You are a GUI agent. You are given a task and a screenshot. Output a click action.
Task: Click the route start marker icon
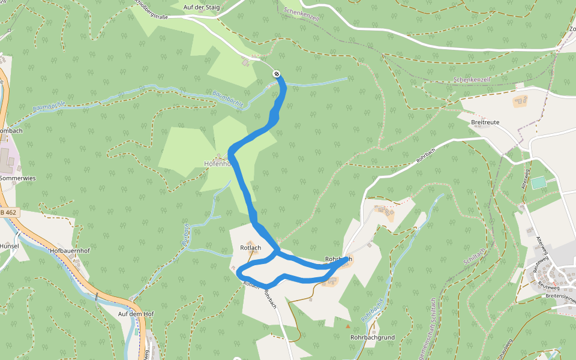coord(277,74)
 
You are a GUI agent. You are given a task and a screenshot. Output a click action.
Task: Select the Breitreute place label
coord(485,122)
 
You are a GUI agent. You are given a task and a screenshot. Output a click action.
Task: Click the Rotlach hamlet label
coord(250,247)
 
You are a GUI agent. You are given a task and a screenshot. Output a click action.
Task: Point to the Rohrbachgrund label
coord(372,337)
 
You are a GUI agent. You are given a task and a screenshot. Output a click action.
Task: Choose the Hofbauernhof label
coord(70,251)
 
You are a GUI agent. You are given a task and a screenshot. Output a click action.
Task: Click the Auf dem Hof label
coord(136,314)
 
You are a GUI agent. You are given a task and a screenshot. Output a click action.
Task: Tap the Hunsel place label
coord(10,246)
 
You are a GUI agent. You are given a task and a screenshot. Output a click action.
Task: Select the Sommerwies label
coord(18,178)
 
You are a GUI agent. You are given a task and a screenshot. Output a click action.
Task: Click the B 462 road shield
coord(10,212)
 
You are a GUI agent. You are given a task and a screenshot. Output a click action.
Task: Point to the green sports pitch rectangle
coord(539,182)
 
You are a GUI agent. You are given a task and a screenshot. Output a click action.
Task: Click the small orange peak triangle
coord(347,326)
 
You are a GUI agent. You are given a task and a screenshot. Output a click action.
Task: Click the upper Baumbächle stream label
coord(228,98)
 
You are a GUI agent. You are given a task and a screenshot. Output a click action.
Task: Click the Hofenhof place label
coord(217,163)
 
